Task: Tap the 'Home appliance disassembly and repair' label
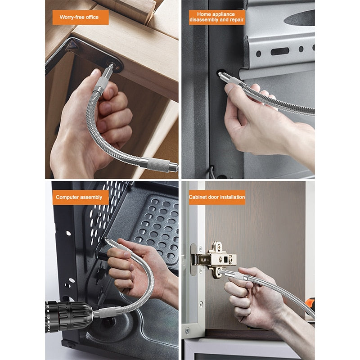point(216,17)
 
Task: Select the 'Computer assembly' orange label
point(80,197)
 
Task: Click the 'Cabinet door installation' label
point(216,197)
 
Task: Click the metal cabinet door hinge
point(215,259)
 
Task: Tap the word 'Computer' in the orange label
point(68,197)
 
